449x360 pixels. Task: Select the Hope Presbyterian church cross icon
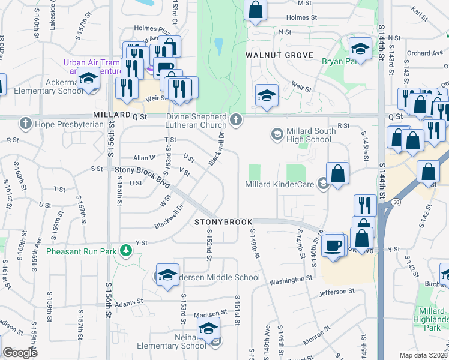[x=25, y=124]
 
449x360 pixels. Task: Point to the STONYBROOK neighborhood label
[x=223, y=222]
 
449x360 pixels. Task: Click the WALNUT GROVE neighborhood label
[x=279, y=55]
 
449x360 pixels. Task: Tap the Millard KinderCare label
[x=280, y=184]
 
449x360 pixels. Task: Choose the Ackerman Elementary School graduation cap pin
[x=89, y=78]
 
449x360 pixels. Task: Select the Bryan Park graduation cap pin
[x=361, y=48]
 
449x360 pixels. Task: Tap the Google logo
[x=20, y=353]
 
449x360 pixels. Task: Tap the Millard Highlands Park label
[x=431, y=319]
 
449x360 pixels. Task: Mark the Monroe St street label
[x=316, y=335]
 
